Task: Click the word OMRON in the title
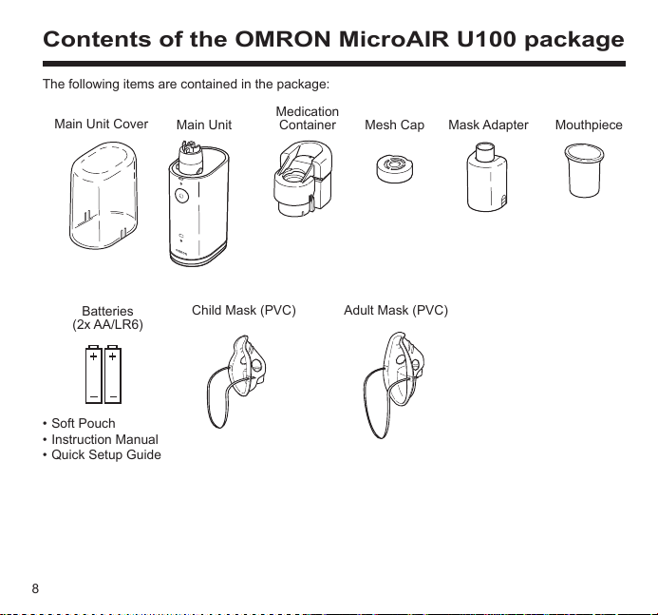pos(283,39)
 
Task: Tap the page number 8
pos(35,588)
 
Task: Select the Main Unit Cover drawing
pos(103,196)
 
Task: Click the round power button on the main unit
pos(181,196)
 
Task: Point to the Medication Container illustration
pos(303,179)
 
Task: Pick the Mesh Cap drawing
pos(394,168)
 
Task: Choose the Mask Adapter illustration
pos(487,177)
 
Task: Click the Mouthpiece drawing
pos(584,170)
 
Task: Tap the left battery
pos(94,375)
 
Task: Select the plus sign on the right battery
pos(112,356)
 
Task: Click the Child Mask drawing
pos(236,381)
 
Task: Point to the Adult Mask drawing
pos(394,385)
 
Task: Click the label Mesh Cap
pos(394,125)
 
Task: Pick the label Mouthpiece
pos(589,125)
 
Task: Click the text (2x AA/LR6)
pos(107,325)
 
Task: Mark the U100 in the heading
pos(486,39)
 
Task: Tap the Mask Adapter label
pos(488,125)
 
